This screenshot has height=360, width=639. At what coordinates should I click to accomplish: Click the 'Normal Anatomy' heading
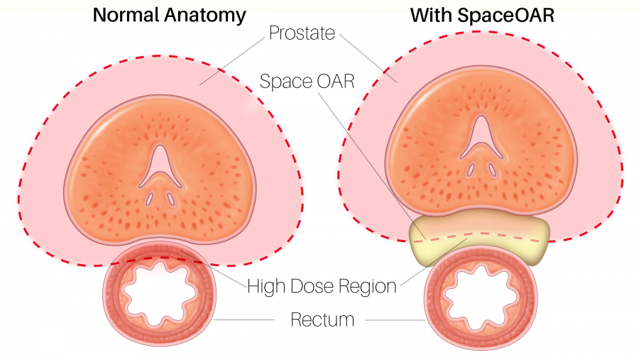click(170, 14)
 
